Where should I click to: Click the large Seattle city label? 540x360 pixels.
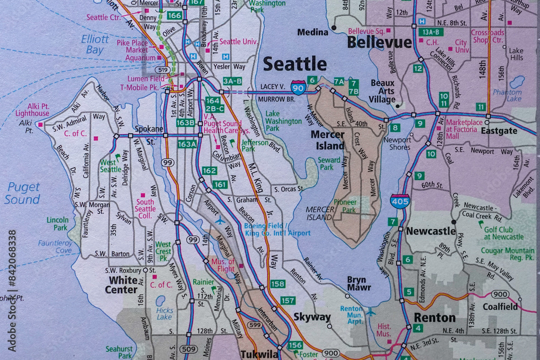295,64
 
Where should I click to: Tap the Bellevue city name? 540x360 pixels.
379,42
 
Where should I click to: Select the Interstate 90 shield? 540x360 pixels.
298,86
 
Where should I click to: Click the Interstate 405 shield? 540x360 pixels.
400,200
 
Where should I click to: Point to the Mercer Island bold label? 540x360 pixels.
328,140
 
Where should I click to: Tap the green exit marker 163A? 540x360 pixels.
187,144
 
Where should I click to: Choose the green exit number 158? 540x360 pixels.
278,284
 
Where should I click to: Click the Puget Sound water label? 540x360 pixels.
23,193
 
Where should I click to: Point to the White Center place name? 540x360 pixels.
123,284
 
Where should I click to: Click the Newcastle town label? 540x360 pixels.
430,231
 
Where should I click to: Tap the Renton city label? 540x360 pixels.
434,317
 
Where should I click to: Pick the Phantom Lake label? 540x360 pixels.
507,96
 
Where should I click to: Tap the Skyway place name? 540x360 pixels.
312,317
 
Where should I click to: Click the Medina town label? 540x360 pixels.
313,32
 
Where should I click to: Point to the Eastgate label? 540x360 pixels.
499,131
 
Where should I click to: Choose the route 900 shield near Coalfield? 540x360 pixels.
500,294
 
